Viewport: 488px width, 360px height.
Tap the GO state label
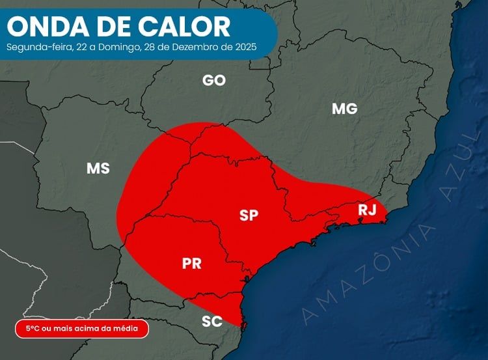tap(214, 81)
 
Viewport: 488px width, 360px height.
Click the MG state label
tap(345, 109)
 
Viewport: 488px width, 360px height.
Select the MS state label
tap(98, 169)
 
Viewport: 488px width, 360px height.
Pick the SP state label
tap(249, 215)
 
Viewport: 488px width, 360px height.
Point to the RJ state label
tap(368, 210)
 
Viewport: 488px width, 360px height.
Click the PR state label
tap(191, 264)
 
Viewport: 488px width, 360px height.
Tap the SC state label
tap(212, 321)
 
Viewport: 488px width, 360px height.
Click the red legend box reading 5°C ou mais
tap(81, 329)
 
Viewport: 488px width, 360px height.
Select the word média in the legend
tap(127, 329)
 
